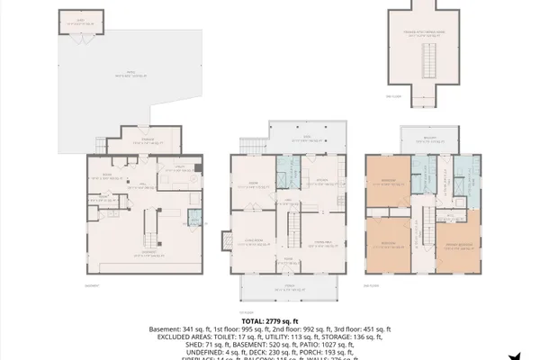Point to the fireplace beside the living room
point(225,240)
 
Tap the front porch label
point(289,289)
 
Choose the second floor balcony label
point(431,139)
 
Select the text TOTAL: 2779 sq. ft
point(270,320)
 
